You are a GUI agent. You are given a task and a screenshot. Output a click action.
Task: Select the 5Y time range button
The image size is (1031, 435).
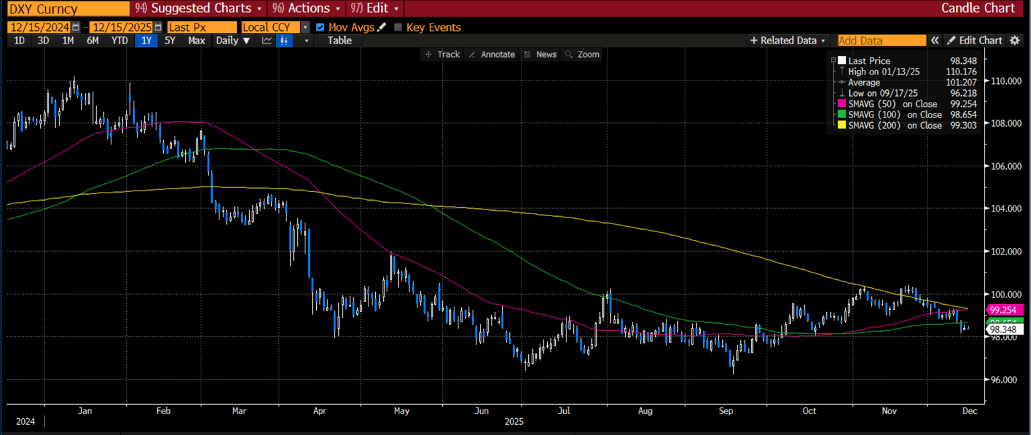pyautogui.click(x=170, y=40)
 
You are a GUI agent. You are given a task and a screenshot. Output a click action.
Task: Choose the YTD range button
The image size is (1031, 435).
pyautogui.click(x=119, y=40)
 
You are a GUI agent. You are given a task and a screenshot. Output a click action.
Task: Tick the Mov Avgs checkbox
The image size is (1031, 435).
pyautogui.click(x=320, y=28)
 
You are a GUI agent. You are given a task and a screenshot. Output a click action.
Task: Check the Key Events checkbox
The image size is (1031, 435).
pyautogui.click(x=398, y=28)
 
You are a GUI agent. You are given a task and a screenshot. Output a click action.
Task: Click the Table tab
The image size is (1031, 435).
pyautogui.click(x=339, y=40)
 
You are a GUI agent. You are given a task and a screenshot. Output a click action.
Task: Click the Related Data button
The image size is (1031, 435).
pyautogui.click(x=788, y=40)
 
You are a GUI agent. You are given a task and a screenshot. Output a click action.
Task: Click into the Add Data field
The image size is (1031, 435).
pyautogui.click(x=881, y=40)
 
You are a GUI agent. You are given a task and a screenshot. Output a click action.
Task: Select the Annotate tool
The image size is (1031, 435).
pyautogui.click(x=492, y=54)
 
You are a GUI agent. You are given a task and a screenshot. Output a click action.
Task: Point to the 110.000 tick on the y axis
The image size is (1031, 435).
pyautogui.click(x=1004, y=81)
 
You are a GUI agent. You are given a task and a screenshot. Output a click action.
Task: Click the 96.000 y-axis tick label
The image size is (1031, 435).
pyautogui.click(x=1004, y=380)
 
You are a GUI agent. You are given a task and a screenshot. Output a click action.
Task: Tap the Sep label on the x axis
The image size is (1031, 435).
pyautogui.click(x=726, y=410)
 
